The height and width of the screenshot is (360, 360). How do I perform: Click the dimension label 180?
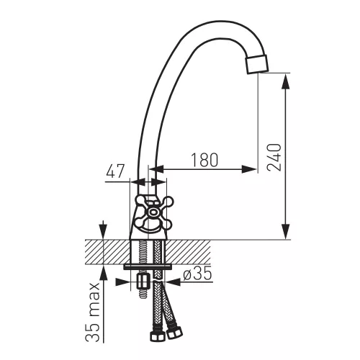[x=204, y=160]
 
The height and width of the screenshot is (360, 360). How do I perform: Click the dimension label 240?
[x=274, y=158]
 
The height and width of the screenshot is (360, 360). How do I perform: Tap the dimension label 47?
[x=115, y=171]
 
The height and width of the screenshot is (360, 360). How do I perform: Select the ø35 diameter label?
[x=197, y=274]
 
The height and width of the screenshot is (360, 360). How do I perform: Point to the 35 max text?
[x=93, y=312]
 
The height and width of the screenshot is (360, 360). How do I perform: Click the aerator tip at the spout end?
[x=257, y=64]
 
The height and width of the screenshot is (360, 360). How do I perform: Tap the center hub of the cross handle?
[x=153, y=212]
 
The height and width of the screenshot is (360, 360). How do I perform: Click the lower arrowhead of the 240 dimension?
[x=286, y=231]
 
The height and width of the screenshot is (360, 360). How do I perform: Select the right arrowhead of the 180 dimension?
[x=249, y=169]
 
